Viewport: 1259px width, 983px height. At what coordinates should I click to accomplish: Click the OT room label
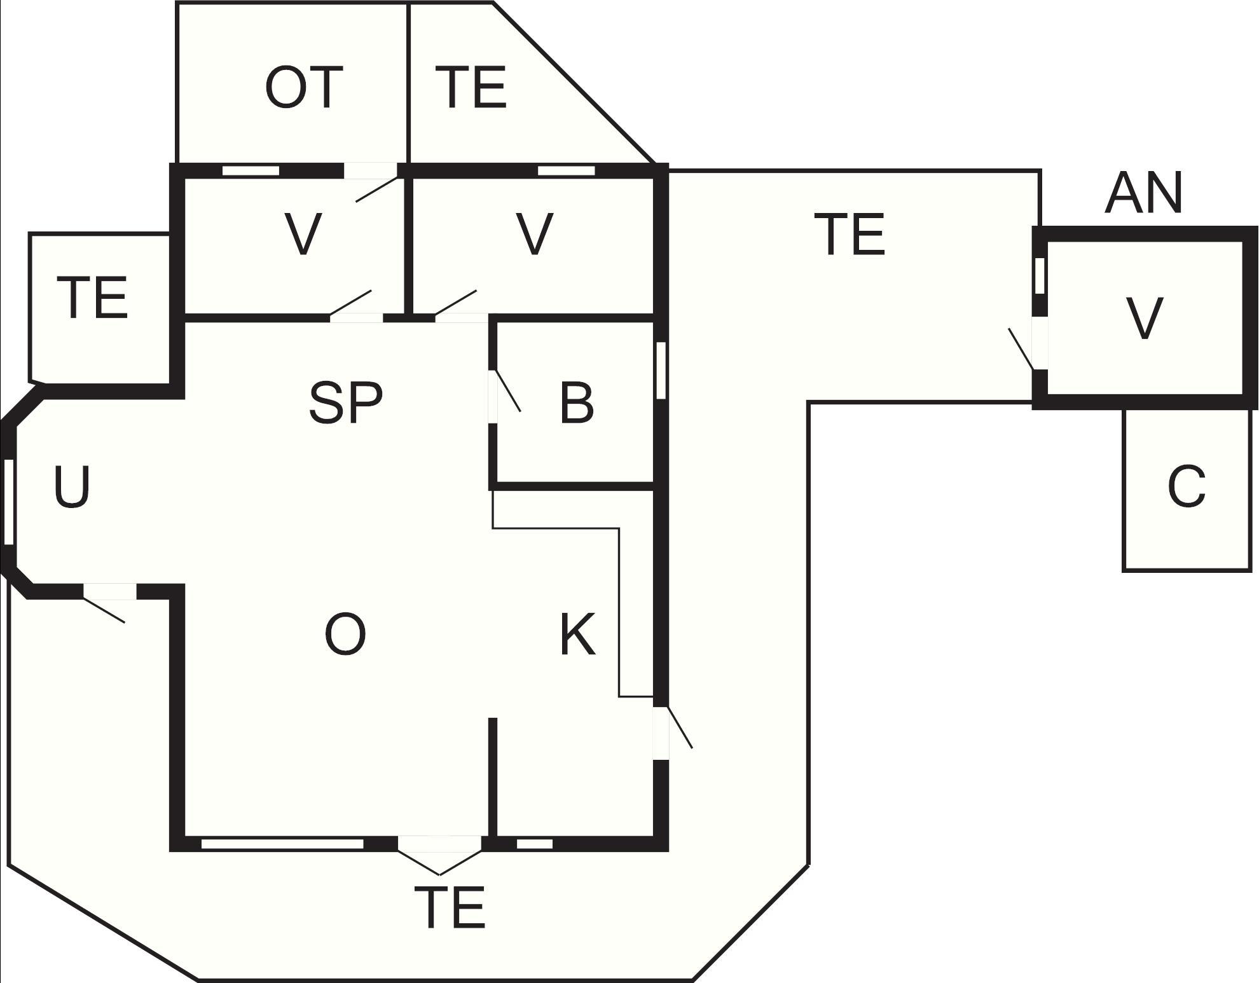(x=303, y=88)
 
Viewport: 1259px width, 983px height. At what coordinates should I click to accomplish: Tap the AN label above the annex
(x=1143, y=193)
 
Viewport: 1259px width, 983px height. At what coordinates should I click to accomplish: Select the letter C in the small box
(x=1187, y=486)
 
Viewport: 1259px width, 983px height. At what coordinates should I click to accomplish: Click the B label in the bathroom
(x=577, y=403)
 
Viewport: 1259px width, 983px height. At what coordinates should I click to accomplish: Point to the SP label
(x=345, y=403)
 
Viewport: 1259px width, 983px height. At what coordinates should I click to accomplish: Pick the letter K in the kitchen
(x=577, y=635)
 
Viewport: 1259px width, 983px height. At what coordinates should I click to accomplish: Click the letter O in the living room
(x=345, y=635)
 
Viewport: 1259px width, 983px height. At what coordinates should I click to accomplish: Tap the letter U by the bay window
(x=72, y=487)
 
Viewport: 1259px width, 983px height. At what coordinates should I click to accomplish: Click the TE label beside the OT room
(x=471, y=88)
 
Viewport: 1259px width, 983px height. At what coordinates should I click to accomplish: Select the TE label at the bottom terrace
(x=450, y=907)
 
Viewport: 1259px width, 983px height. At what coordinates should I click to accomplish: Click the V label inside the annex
(x=1144, y=319)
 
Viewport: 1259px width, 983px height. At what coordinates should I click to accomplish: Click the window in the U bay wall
(x=8, y=501)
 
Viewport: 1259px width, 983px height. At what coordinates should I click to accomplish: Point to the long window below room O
(x=282, y=844)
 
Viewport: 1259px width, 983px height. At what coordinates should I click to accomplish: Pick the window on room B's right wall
(x=661, y=371)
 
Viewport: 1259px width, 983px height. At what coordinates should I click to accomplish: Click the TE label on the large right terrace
(x=850, y=235)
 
